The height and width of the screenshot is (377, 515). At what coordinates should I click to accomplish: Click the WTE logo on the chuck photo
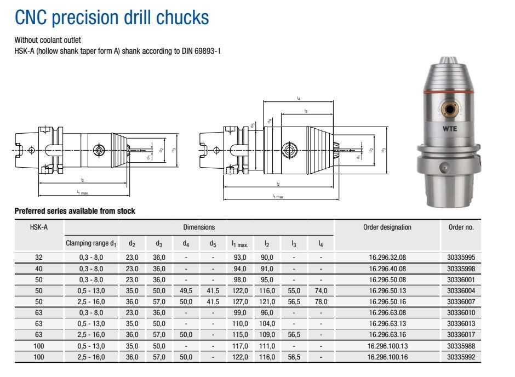point(450,129)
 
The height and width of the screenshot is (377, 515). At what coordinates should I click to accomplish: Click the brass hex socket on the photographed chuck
point(450,108)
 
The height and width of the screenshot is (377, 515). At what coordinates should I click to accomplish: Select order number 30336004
point(461,290)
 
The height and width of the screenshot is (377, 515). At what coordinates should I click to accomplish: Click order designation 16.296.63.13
point(387,323)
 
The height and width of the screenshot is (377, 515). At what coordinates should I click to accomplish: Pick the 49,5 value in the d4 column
point(186,290)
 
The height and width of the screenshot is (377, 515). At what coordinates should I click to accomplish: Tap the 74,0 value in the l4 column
point(321,290)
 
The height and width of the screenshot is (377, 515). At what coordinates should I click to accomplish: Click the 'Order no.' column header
point(461,227)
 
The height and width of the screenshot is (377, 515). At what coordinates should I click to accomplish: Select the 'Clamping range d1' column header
point(91,243)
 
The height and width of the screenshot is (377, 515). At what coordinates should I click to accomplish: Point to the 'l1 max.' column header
point(240,244)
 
